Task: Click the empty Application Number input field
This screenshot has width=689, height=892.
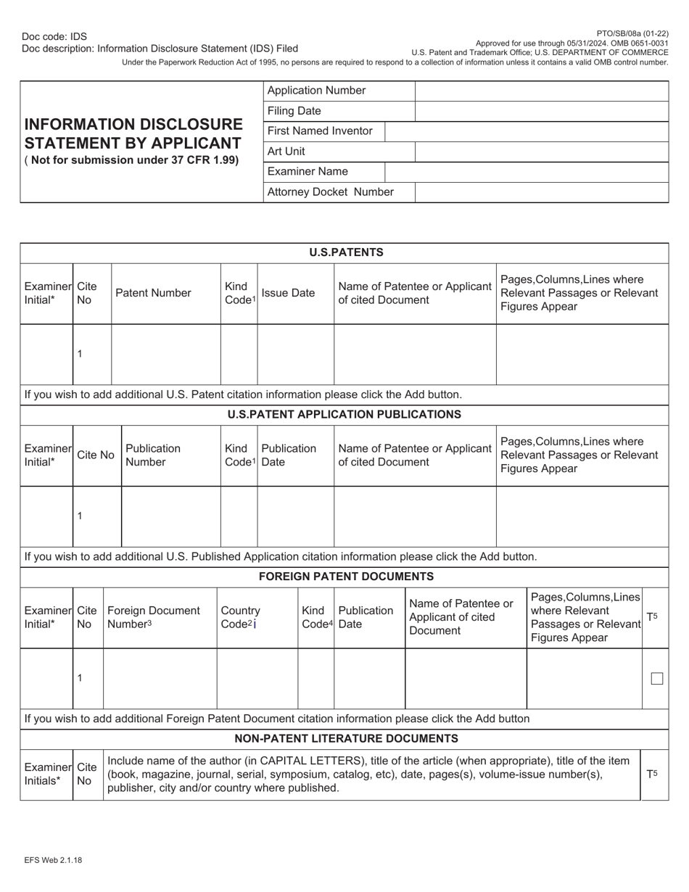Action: coord(541,91)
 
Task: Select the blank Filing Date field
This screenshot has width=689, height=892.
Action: coord(541,111)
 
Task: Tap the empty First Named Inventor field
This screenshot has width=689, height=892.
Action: coord(526,131)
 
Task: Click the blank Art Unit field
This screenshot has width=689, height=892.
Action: coord(541,152)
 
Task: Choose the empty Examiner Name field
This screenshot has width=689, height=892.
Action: coord(526,172)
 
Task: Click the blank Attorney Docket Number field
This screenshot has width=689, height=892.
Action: coord(541,192)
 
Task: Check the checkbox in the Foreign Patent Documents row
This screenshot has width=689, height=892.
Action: coord(656,679)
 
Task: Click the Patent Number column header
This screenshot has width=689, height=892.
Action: coord(153,293)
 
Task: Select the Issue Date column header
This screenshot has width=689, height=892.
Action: coord(288,293)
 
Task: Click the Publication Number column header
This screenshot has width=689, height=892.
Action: coord(153,455)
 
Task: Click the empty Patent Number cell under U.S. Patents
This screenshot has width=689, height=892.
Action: coord(165,354)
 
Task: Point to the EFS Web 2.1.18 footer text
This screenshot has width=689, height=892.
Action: coord(52,860)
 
